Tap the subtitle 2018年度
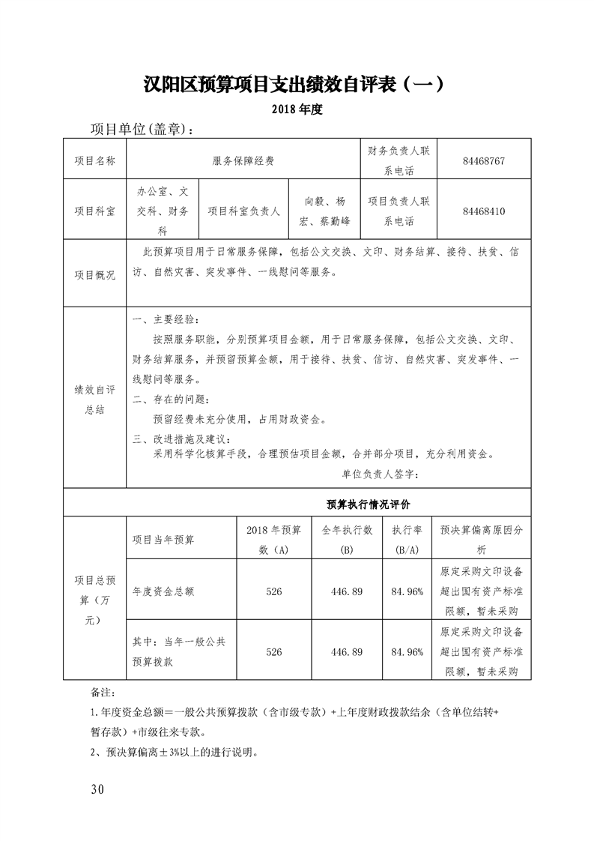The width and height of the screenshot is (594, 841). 297,109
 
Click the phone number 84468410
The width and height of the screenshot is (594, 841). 484,211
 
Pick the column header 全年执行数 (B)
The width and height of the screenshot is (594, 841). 347,540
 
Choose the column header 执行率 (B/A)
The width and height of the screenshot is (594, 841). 407,540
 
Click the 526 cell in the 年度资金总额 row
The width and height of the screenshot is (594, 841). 274,591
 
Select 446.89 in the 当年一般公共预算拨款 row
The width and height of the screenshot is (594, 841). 347,652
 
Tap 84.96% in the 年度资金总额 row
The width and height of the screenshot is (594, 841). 407,591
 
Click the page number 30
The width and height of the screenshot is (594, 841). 97,789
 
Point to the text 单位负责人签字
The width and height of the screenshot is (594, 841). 381,474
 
